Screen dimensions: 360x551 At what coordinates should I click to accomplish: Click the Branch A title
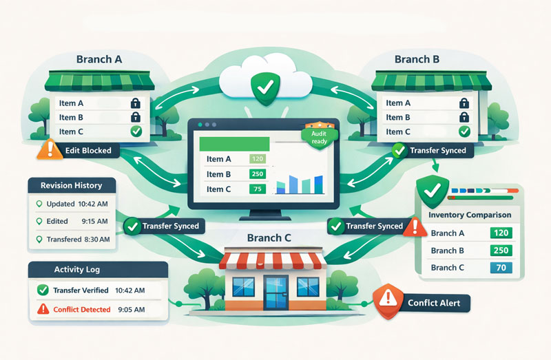99,59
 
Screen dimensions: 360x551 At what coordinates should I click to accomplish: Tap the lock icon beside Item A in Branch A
136,103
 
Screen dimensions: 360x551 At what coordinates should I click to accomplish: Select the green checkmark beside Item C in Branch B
464,131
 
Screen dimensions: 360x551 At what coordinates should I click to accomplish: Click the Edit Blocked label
87,150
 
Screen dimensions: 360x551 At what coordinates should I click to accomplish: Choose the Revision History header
72,185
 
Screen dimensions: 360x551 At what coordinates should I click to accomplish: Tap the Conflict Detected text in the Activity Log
82,310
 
